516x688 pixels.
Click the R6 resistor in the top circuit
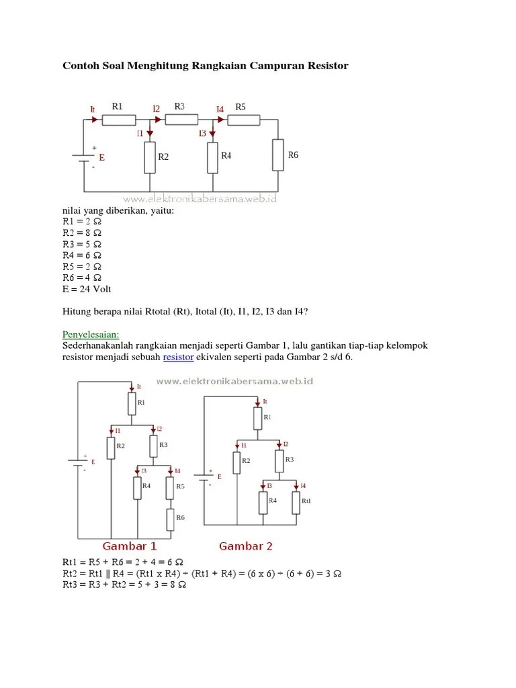277,155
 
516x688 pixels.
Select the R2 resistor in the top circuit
149,157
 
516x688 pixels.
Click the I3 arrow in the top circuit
212,134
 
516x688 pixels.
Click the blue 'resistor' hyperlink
178,357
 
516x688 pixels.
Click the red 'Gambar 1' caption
130,546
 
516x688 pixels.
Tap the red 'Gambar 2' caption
246,546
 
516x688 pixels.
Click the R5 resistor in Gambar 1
170,487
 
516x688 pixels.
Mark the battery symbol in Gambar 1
79,463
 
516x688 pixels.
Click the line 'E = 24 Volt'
87,289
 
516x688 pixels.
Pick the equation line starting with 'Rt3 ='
124,585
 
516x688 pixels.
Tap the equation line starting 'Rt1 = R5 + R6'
124,562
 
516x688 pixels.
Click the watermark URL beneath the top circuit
200,199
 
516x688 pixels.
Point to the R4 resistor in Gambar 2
263,501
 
